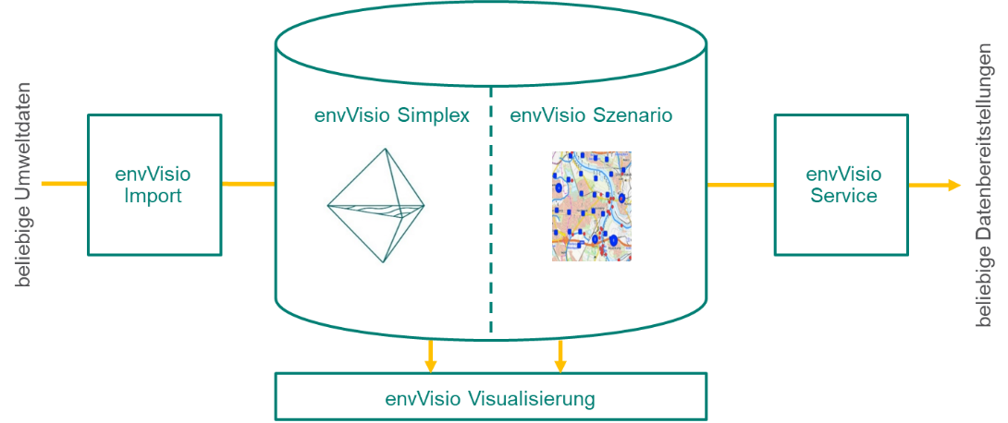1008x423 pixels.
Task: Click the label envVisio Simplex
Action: click(x=391, y=116)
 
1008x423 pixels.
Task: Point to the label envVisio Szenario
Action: click(x=591, y=116)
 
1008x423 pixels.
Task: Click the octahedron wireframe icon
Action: click(x=375, y=205)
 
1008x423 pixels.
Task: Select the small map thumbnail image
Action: click(x=592, y=206)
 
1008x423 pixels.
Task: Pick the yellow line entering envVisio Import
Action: click(x=65, y=184)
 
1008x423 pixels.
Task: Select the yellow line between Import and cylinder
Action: click(x=248, y=184)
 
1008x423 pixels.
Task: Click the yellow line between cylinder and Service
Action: click(x=740, y=185)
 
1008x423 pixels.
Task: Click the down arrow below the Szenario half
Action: click(x=559, y=356)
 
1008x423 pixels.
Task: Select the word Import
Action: click(x=154, y=196)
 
